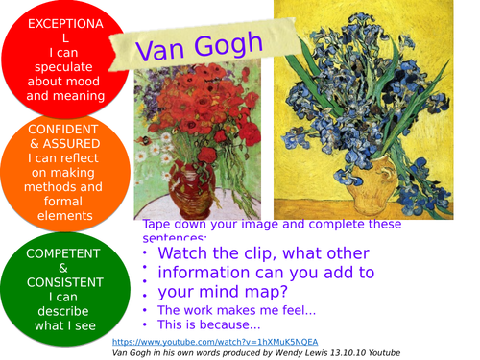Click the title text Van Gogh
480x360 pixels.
[199, 47]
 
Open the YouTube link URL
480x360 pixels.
[214, 342]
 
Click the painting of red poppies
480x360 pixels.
[197, 144]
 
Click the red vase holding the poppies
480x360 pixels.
[177, 188]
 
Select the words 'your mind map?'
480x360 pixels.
[221, 292]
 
